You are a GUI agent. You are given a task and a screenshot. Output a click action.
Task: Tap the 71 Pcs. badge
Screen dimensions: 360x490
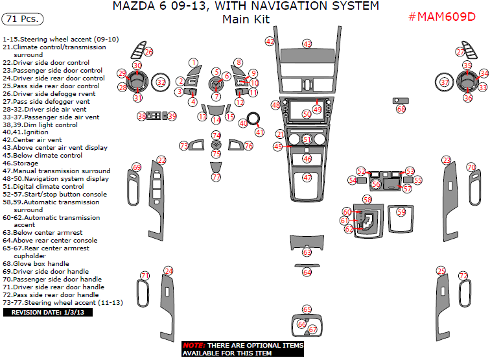coord(23,19)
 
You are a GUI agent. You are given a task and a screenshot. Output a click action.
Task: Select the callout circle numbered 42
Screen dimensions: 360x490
coord(270,42)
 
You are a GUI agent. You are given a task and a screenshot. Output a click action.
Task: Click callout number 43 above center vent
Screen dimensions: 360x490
coord(307,43)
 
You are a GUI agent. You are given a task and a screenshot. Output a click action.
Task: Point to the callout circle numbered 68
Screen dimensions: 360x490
coord(401,109)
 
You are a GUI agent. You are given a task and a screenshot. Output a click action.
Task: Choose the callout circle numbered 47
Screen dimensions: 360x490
coord(307,178)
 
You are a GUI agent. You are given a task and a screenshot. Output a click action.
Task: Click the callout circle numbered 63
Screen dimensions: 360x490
coord(307,252)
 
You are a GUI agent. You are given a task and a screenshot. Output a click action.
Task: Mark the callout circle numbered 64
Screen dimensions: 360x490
coord(307,272)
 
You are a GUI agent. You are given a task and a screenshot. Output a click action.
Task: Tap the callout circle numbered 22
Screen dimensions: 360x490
coord(161,160)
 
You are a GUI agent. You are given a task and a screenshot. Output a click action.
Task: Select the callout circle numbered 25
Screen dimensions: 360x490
coord(441,270)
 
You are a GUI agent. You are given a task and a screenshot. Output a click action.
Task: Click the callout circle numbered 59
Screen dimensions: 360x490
coord(401,212)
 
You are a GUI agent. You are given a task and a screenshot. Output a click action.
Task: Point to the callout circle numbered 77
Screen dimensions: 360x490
coord(216,177)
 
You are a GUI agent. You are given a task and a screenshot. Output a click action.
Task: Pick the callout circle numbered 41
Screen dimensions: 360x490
coord(259,132)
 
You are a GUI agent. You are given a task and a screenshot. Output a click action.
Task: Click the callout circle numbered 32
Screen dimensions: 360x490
coord(161,82)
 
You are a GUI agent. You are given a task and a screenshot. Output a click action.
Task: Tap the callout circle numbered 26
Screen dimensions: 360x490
coord(148,52)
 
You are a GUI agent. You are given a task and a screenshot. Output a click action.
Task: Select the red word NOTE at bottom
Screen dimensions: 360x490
coord(193,346)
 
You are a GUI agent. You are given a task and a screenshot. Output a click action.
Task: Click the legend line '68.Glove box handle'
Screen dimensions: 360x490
coord(36,264)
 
